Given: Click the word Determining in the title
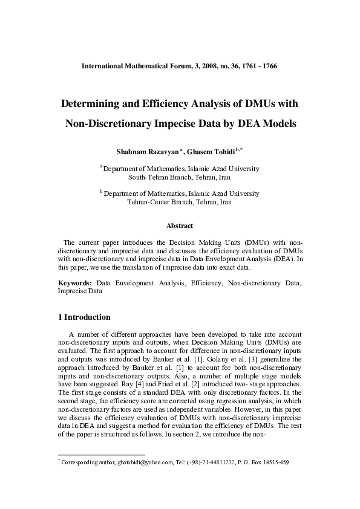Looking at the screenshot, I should (x=97, y=103).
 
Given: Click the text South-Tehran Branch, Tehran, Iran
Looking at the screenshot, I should (x=180, y=178).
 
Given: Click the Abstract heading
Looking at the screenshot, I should (x=180, y=225).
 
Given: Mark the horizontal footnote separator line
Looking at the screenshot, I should (x=101, y=455).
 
